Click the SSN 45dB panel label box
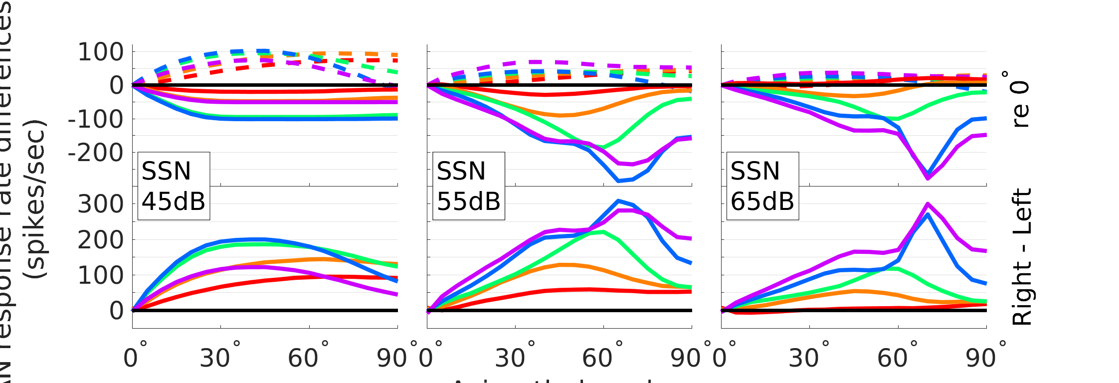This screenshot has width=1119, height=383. coord(174,186)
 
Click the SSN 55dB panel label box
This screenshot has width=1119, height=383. coord(468,186)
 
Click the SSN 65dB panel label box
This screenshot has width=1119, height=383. coord(762,186)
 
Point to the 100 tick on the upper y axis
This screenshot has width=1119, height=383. coord(101,52)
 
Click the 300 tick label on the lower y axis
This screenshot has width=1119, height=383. coord(101,204)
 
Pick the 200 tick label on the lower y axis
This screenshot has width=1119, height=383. coord(101,240)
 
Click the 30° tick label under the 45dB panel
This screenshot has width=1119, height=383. coord(220,358)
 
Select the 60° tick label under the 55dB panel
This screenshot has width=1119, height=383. coord(602,358)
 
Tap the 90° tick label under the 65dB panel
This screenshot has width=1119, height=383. coord(985,358)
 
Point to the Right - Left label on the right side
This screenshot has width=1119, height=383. coord(1021,257)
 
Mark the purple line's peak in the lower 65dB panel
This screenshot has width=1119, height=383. coord(928,204)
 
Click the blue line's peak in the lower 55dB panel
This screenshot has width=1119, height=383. coord(618,200)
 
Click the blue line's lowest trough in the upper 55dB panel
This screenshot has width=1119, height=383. coord(618,181)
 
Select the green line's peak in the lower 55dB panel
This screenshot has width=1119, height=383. coord(603,231)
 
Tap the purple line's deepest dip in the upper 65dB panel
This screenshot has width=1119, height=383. coord(928,178)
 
